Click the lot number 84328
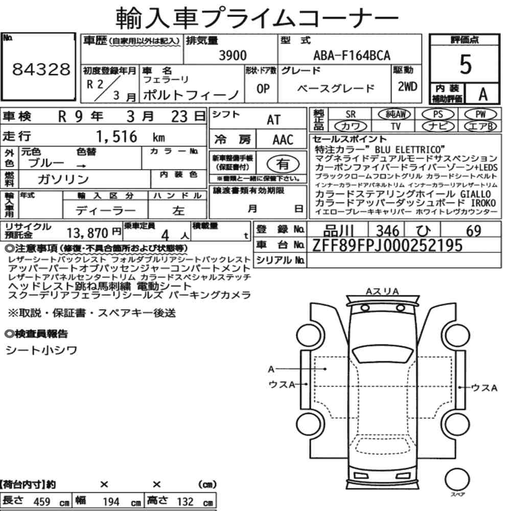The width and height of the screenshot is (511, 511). coord(41,69)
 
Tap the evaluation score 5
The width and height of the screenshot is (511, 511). coord(465,64)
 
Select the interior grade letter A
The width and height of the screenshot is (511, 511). coord(483,95)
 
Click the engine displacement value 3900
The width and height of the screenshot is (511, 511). coord(233,55)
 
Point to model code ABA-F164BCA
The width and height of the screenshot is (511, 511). coord(352,55)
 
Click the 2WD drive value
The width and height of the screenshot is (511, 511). coord(407,87)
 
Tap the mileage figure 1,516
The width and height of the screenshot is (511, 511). coord(117,136)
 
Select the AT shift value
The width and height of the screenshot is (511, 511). coord(273,120)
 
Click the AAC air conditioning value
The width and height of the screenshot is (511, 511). coord(283,140)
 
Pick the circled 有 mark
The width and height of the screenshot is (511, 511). coord(283,164)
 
